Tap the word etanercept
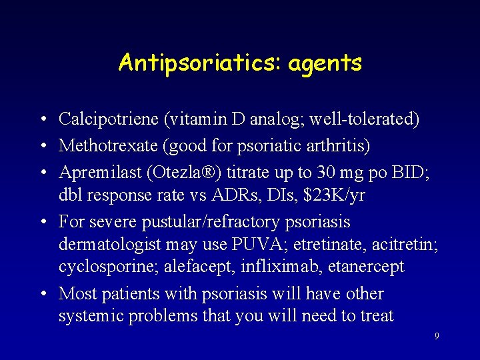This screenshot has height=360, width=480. pyautogui.click(x=361, y=267)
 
